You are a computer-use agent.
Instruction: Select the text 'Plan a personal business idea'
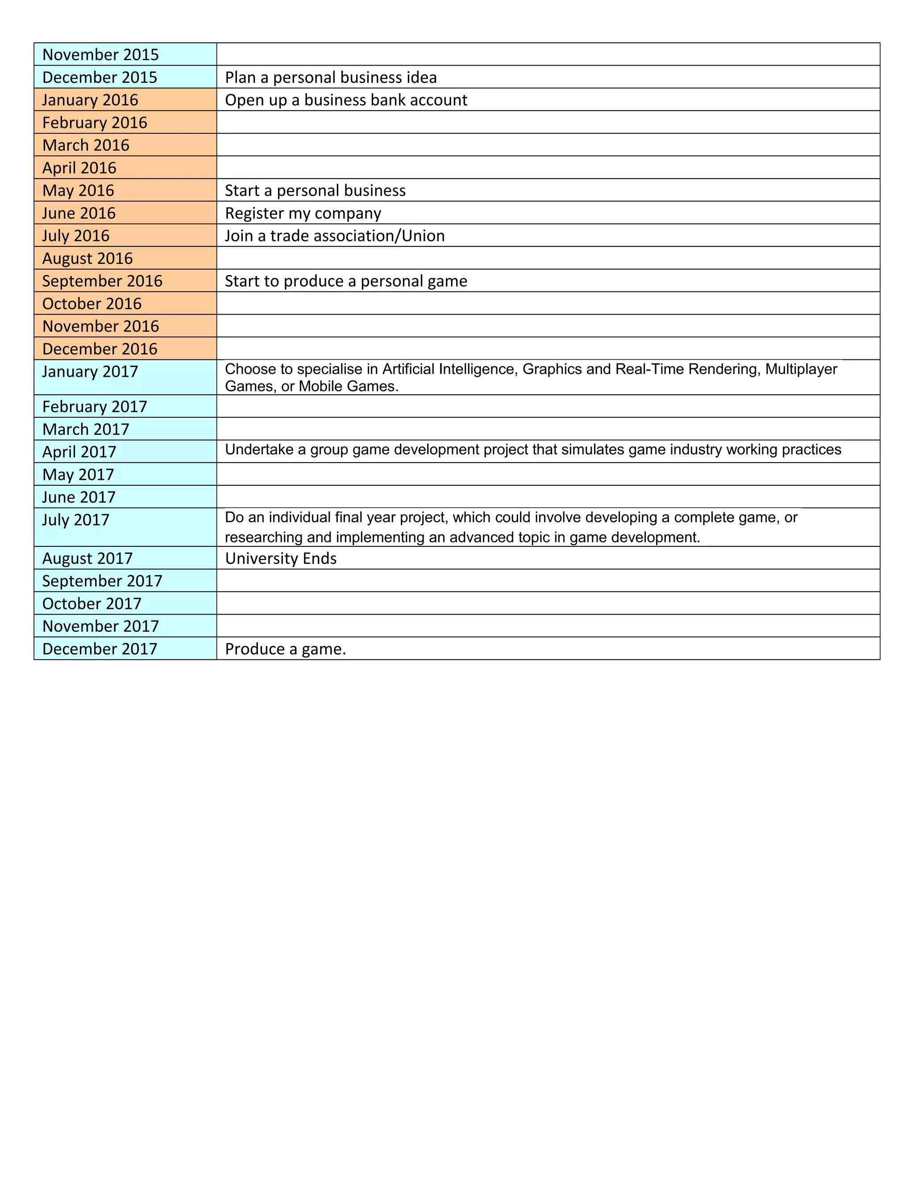[x=330, y=78]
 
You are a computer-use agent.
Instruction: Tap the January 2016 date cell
[x=90, y=100]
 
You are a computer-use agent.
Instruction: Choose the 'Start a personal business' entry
[x=315, y=191]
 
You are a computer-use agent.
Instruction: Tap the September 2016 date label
[x=102, y=281]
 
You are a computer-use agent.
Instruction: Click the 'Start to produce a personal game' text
[x=345, y=281]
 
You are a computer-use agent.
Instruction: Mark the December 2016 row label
[x=100, y=349]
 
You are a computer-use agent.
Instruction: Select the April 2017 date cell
[x=79, y=452]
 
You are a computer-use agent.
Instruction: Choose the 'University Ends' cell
[x=280, y=558]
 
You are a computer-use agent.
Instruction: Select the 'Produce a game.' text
[x=285, y=649]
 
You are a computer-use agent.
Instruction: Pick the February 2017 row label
[x=94, y=407]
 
